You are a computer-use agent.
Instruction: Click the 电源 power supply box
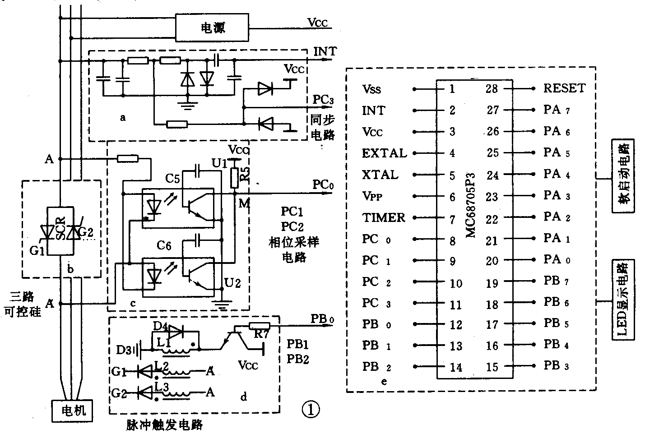click(x=212, y=28)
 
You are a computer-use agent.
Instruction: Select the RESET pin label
click(x=564, y=88)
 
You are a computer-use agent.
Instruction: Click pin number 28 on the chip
click(x=491, y=89)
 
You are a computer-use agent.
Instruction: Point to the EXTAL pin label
click(x=384, y=153)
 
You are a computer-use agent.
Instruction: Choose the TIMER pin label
click(x=384, y=218)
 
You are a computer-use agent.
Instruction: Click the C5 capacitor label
click(x=172, y=179)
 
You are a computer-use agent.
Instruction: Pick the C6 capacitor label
click(x=163, y=245)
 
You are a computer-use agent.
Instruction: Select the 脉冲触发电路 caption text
click(x=164, y=425)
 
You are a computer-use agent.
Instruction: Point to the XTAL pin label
click(x=380, y=175)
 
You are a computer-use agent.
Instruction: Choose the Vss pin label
click(x=371, y=89)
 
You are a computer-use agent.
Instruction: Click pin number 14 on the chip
click(x=456, y=367)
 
